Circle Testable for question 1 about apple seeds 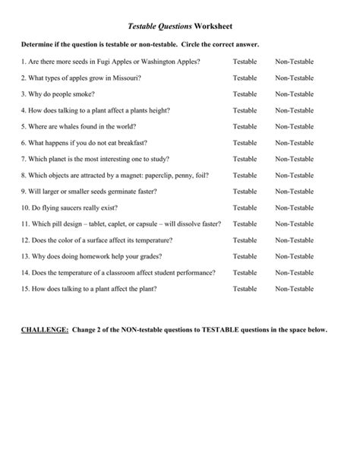(245, 61)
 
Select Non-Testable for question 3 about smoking (294, 94)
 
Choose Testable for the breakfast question (245, 142)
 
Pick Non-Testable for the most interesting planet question (294, 159)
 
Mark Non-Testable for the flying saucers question (294, 208)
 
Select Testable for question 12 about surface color (245, 239)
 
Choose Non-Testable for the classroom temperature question (294, 272)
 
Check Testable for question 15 (245, 288)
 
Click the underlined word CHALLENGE (45, 331)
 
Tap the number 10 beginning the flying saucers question (25, 208)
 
